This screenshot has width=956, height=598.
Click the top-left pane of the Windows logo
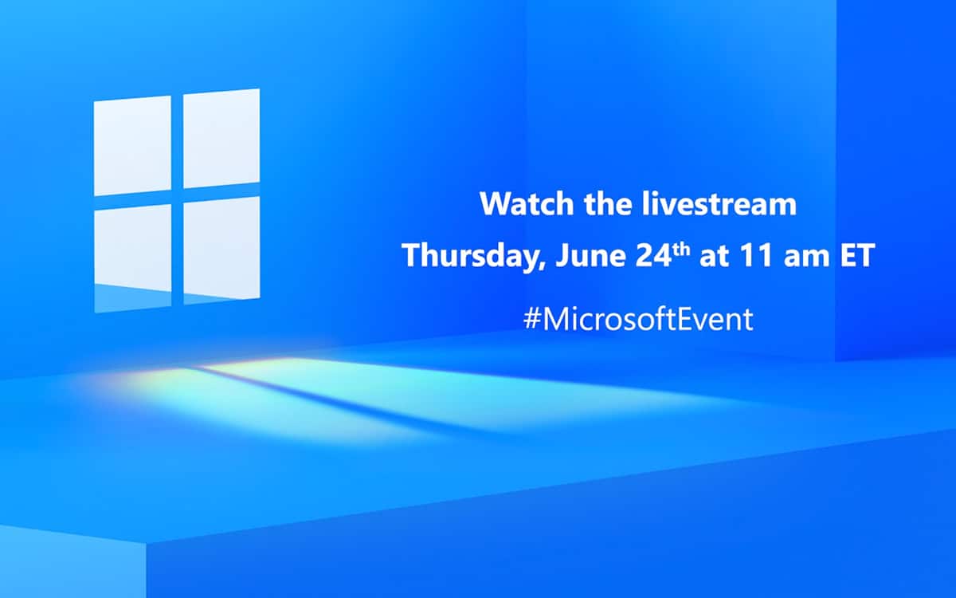[x=132, y=146]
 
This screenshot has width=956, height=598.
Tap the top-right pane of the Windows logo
[x=221, y=138]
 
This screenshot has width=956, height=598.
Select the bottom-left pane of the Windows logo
[x=133, y=258]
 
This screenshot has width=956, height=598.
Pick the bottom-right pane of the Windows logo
[x=221, y=250]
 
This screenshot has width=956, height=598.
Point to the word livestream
[x=719, y=204]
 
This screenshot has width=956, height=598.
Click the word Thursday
[x=469, y=255]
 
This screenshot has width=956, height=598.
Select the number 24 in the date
[x=654, y=255]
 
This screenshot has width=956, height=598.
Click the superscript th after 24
[x=682, y=249]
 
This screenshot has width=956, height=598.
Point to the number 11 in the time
[x=756, y=255]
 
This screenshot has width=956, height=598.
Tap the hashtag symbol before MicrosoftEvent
[x=532, y=319]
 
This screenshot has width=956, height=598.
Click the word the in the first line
[x=608, y=204]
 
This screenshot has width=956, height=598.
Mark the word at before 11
[x=714, y=257]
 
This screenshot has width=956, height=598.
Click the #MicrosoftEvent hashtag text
[x=638, y=319]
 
